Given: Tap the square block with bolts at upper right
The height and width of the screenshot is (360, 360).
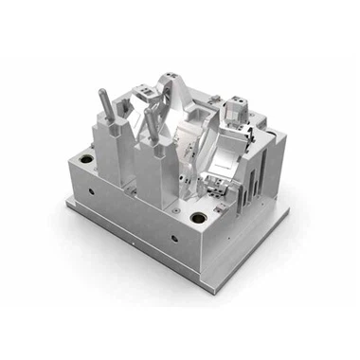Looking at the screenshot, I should [237, 112].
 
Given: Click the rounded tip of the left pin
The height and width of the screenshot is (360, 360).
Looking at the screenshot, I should [101, 91].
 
